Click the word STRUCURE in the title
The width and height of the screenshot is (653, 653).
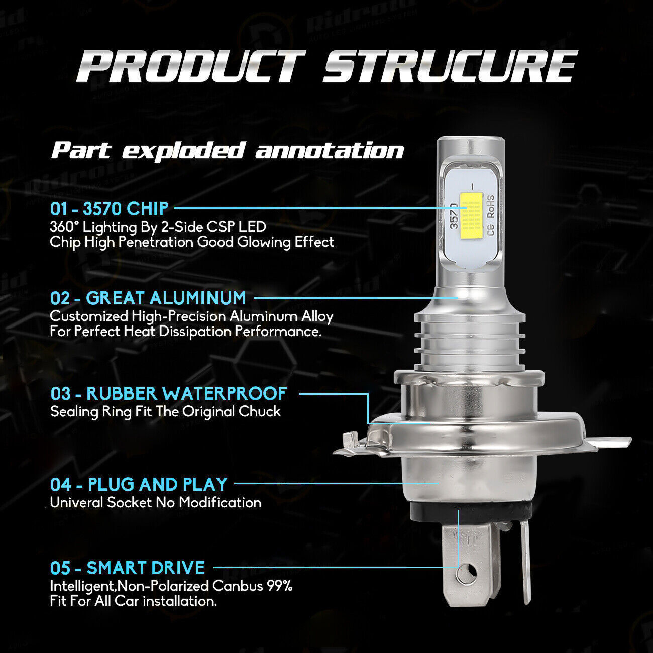[450, 66]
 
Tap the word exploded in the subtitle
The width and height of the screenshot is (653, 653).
[183, 151]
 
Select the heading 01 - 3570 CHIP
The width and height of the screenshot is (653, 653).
[109, 208]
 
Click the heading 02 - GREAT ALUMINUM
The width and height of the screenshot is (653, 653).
[148, 298]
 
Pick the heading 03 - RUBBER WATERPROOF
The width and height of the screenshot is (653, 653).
[169, 393]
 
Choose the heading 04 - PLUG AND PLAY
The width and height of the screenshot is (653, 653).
[139, 484]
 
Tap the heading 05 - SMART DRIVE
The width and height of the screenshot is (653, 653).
[128, 568]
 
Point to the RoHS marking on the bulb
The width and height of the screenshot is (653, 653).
[490, 207]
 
